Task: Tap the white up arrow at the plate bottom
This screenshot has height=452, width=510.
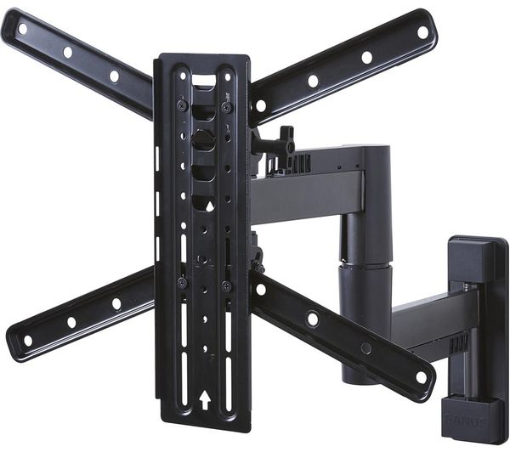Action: [x=204, y=397]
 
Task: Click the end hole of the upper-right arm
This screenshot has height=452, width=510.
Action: [x=422, y=32]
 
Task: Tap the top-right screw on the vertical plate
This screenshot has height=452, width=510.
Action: [x=227, y=106]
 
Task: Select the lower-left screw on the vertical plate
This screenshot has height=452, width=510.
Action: [x=181, y=282]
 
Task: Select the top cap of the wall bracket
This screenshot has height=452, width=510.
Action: [x=477, y=251]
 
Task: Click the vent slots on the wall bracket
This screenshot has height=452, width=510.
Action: [x=458, y=342]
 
